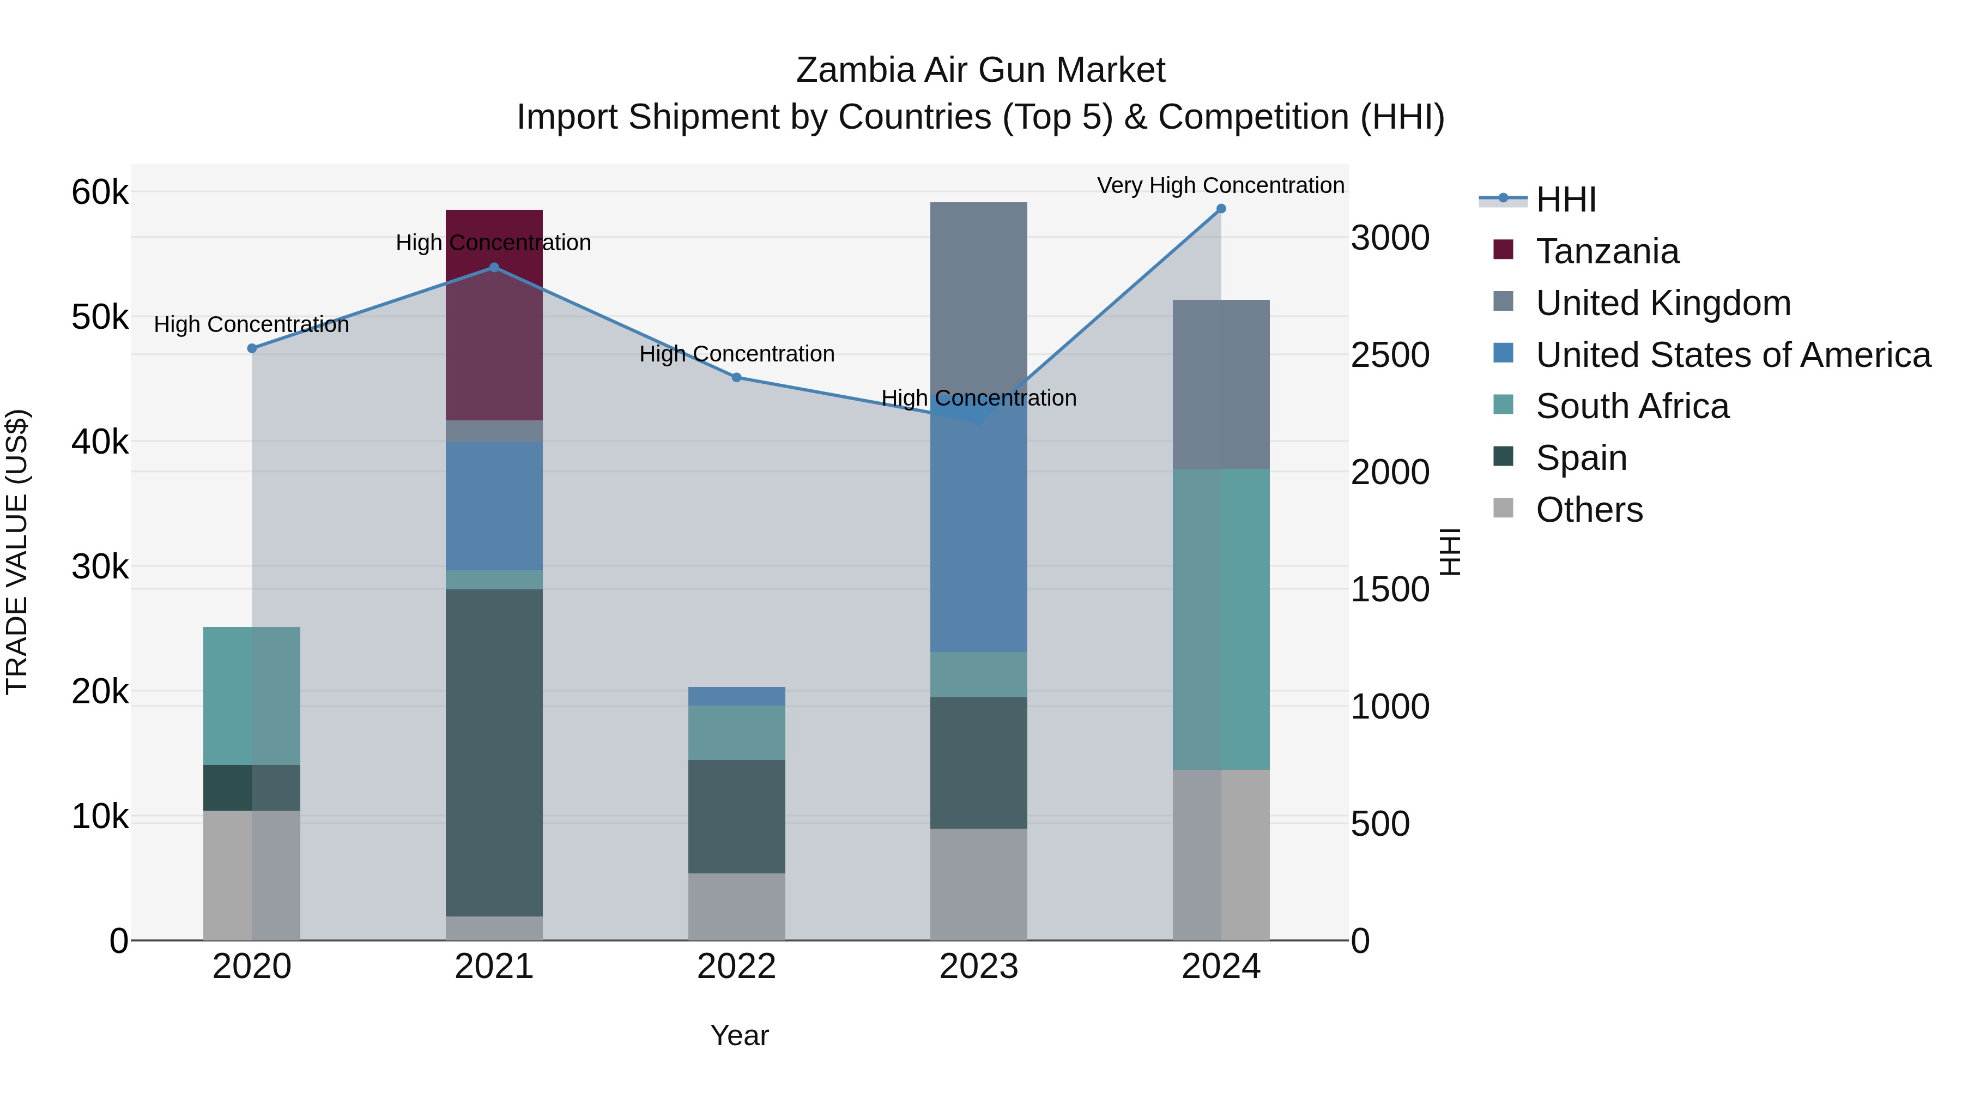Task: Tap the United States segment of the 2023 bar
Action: (x=979, y=533)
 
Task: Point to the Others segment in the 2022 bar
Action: (x=736, y=906)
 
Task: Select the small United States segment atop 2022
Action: (x=736, y=696)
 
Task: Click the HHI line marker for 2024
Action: (x=1221, y=209)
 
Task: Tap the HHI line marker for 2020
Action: (x=252, y=348)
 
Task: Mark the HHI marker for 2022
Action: (x=736, y=377)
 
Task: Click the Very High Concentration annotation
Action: (x=1220, y=185)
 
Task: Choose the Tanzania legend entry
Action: (x=1607, y=251)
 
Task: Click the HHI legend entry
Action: (x=1565, y=200)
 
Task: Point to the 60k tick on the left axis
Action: (x=100, y=192)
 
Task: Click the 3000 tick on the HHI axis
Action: (x=1390, y=238)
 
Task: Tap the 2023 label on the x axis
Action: (x=979, y=967)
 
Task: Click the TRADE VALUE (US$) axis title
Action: (x=17, y=552)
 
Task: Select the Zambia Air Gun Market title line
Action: (x=980, y=70)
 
